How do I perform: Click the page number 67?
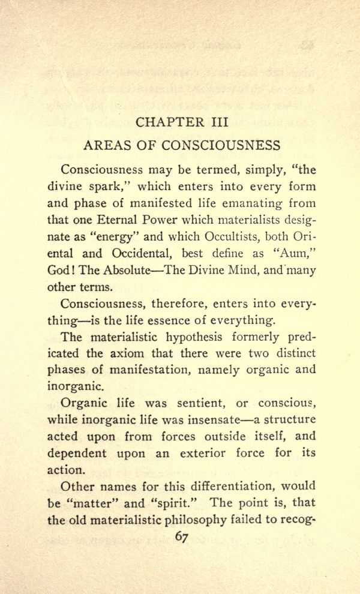tap(182, 537)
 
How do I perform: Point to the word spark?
tap(109, 186)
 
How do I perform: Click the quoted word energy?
tap(121, 236)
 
